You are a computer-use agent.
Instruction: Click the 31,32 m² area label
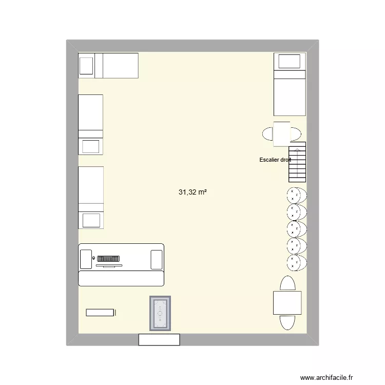(192, 192)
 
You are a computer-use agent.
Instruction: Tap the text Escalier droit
(275, 160)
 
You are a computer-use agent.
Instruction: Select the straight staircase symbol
(297, 162)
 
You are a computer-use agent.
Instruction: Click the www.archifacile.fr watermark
(326, 377)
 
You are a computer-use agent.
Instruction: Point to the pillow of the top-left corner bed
(86, 66)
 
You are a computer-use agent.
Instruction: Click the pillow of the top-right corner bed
(289, 61)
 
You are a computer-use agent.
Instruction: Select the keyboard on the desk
(108, 259)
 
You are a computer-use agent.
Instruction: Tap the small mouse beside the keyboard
(93, 258)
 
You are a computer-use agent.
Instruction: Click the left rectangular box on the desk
(86, 259)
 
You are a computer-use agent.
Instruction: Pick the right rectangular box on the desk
(157, 260)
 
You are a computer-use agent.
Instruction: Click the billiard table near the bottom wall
(160, 313)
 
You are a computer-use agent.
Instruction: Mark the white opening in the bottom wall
(159, 340)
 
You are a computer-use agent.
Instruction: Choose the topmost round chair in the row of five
(297, 195)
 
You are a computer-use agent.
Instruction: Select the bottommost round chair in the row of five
(297, 263)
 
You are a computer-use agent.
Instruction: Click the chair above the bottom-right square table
(287, 283)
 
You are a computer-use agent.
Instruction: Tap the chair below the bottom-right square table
(287, 322)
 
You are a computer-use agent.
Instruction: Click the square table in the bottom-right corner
(287, 303)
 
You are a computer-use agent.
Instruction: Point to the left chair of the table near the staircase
(267, 134)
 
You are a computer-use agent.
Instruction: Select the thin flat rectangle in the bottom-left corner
(100, 313)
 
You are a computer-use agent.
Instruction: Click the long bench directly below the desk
(121, 278)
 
